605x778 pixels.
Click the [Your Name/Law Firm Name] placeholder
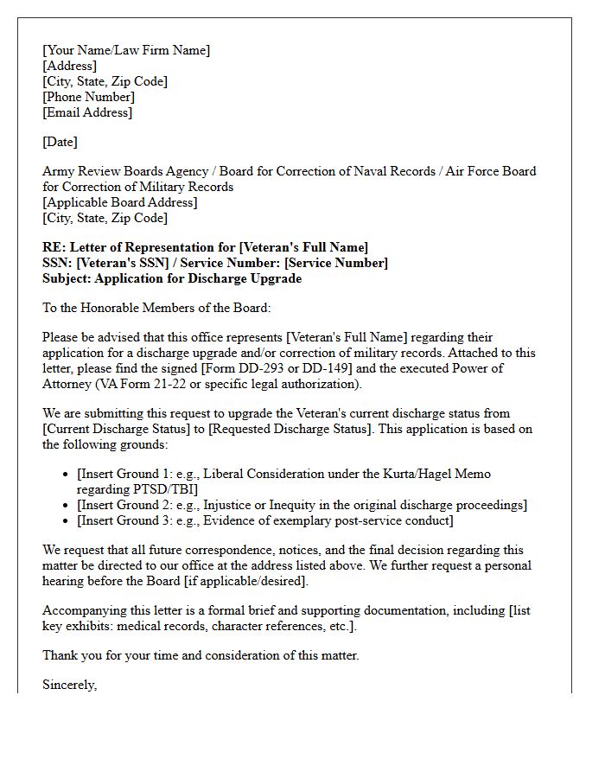point(126,50)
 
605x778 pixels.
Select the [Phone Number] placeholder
point(88,97)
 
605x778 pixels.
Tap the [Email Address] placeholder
point(87,112)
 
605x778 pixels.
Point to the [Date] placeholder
point(60,142)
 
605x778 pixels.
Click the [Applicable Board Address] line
point(120,202)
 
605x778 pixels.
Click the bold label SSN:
point(57,263)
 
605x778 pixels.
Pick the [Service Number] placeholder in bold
point(336,263)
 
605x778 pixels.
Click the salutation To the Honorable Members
point(120,308)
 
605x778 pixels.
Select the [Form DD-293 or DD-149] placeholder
point(277,368)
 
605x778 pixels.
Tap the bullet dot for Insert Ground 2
point(67,505)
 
